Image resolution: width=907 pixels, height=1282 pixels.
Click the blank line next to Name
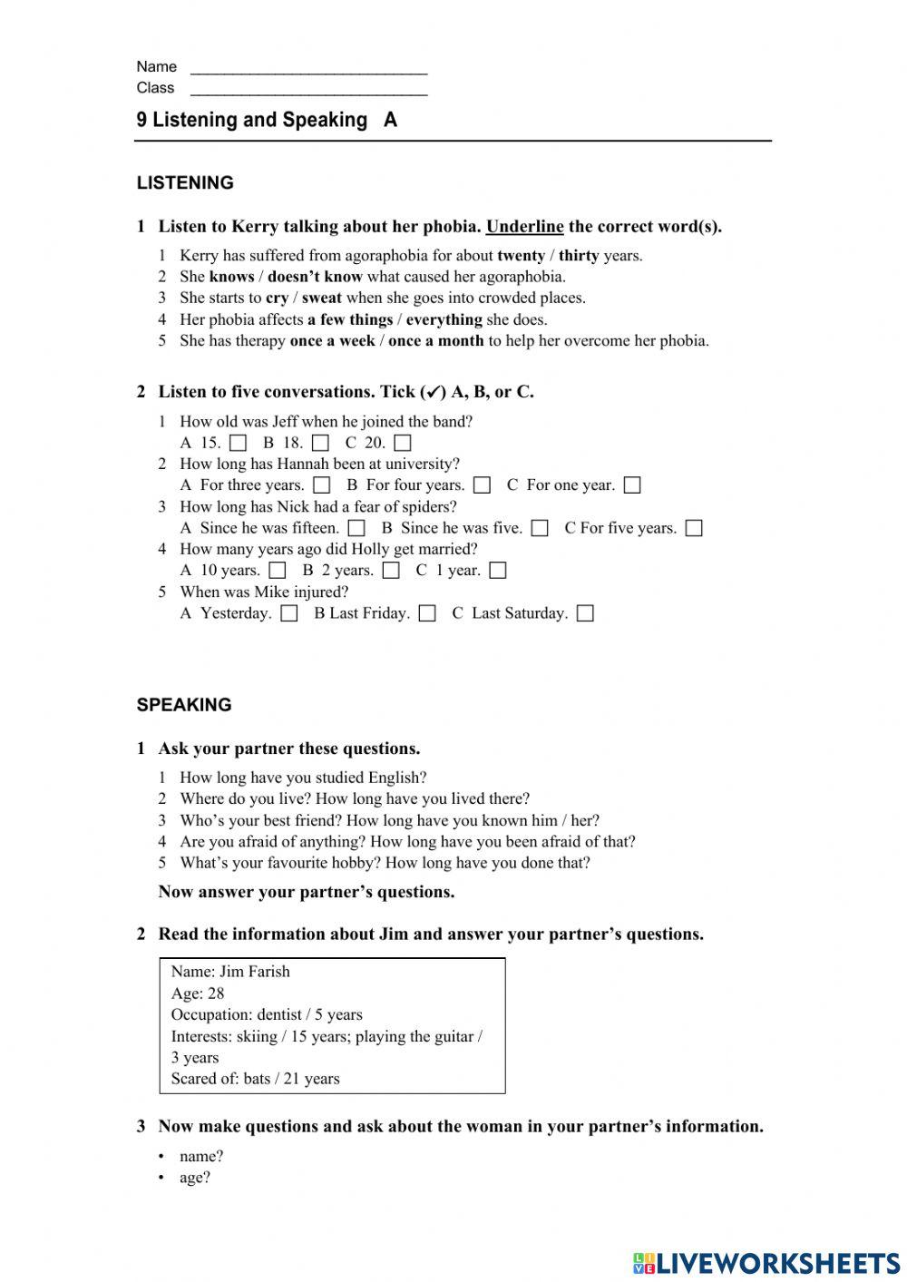[308, 69]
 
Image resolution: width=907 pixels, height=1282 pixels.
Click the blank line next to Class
[308, 91]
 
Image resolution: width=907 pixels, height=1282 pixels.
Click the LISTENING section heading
[185, 183]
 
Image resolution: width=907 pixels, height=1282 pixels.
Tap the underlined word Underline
[524, 227]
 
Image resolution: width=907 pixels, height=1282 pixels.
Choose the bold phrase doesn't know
[314, 277]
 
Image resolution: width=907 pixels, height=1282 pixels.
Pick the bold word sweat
[321, 298]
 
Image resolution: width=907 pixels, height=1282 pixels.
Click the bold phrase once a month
[435, 341]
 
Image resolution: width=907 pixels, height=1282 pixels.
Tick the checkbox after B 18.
[320, 444]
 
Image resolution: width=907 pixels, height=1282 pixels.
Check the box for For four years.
[483, 485]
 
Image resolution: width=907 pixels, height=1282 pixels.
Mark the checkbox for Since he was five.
[540, 528]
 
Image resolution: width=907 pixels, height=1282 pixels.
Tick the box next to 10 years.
[278, 571]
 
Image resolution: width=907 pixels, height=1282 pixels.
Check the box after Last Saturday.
[586, 613]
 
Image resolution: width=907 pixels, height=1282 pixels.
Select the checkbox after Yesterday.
[289, 613]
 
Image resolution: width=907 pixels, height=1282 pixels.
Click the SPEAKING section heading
[184, 705]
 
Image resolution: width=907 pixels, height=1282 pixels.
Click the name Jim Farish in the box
[255, 972]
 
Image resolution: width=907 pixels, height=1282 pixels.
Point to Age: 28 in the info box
[198, 993]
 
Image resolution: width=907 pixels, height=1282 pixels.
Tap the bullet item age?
[195, 1178]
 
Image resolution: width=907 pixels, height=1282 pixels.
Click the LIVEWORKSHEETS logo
[766, 1262]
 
